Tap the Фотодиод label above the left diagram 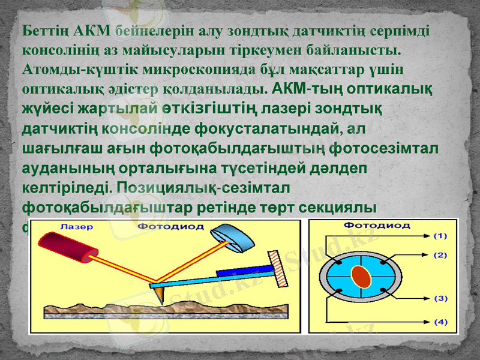pos(171,227)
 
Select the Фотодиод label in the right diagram pos(376,226)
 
